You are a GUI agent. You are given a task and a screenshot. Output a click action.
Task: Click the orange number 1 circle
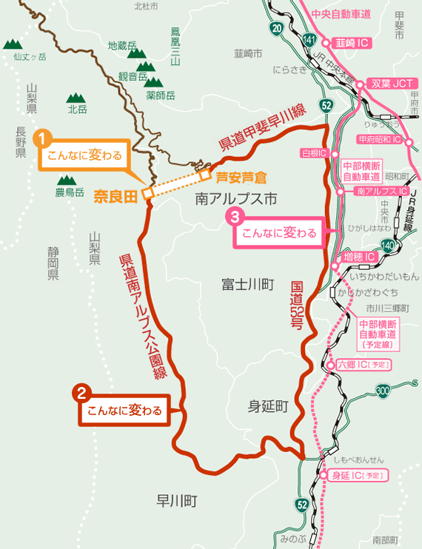pos(44,138)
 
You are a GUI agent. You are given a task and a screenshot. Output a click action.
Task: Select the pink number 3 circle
pos(235,217)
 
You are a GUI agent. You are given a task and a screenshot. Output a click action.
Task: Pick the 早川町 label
pos(177,500)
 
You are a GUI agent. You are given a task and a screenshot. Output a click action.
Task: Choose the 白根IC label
pos(315,153)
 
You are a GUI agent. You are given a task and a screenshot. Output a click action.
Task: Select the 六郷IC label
pos(364,366)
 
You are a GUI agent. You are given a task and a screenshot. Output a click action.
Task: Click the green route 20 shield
pos(276,29)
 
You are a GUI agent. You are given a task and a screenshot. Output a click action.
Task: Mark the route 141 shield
pos(309,38)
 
